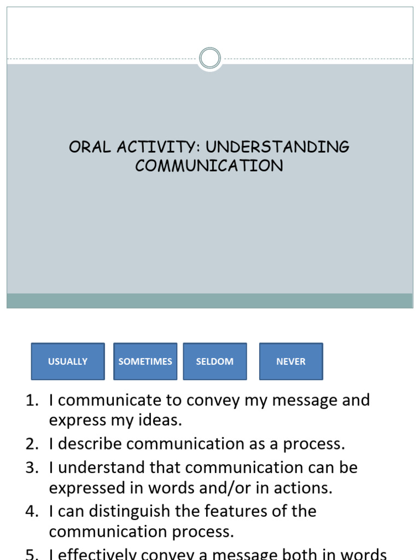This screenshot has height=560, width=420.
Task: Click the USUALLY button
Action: point(68,361)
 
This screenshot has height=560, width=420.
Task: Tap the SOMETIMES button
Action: point(145,361)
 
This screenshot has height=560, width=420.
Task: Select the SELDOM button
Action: point(215,361)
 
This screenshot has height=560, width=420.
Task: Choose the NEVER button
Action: point(291,361)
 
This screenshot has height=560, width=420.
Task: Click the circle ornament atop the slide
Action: point(210,58)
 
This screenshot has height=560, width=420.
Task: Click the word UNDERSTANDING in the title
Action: point(277,147)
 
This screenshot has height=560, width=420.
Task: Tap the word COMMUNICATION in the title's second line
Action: point(209,166)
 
